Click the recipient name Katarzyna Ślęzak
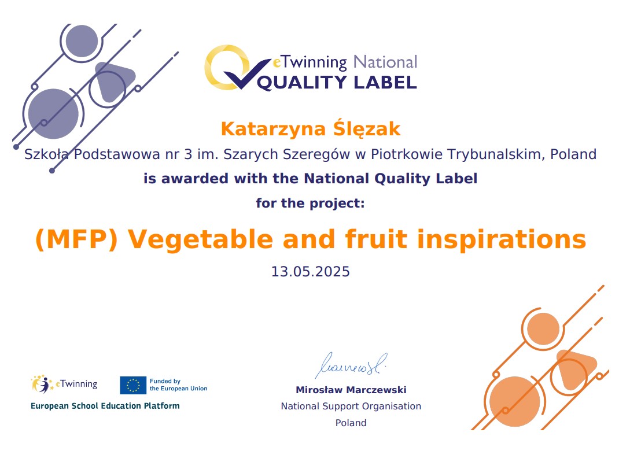tap(311, 129)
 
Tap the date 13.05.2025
tap(311, 272)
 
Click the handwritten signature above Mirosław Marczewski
tap(351, 365)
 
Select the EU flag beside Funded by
tap(133, 385)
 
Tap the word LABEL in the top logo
tap(385, 82)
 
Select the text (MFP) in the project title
tap(76, 239)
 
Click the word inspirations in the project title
tap(502, 240)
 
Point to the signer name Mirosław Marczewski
tap(351, 390)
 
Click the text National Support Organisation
tap(351, 406)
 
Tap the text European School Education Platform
tap(105, 406)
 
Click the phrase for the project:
tap(310, 203)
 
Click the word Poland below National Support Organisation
tap(351, 423)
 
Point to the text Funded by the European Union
tap(178, 385)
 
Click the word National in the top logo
tap(385, 62)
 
